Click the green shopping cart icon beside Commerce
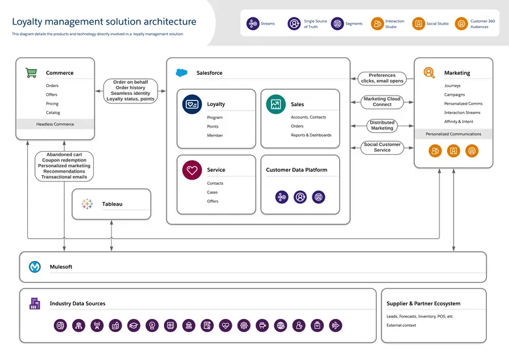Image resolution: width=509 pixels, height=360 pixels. (x=31, y=73)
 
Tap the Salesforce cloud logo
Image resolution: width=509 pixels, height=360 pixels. (x=182, y=73)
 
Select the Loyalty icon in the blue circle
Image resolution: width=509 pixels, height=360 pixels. (x=192, y=104)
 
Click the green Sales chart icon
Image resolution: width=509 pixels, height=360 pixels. (x=275, y=104)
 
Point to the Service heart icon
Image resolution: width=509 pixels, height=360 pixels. (x=192, y=170)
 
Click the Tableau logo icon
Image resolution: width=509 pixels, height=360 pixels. (x=87, y=204)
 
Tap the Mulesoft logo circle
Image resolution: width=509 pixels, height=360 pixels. (x=35, y=267)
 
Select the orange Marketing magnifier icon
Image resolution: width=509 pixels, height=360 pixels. (x=429, y=73)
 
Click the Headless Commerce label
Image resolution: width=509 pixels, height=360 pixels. (x=55, y=124)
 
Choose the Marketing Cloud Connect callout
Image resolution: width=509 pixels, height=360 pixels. (x=382, y=102)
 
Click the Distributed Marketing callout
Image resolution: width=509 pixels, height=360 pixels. (x=382, y=126)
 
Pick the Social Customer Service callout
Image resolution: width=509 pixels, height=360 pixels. (x=382, y=147)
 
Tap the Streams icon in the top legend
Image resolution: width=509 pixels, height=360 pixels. (x=253, y=23)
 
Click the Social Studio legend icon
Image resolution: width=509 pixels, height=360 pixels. (x=419, y=23)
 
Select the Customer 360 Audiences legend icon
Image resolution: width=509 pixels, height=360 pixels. (x=461, y=23)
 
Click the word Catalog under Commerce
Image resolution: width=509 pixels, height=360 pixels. (x=53, y=113)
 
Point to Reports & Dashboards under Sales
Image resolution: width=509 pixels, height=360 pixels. (x=310, y=135)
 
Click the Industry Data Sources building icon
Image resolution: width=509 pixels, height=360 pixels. (x=35, y=303)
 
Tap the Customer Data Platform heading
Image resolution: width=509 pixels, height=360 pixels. (x=296, y=170)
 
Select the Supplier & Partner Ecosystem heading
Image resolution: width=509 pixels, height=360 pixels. (x=423, y=303)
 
